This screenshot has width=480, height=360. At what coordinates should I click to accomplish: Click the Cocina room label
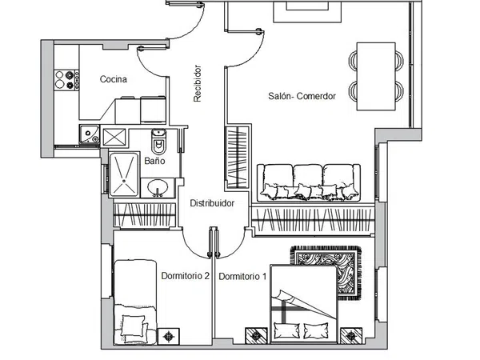tap(114, 79)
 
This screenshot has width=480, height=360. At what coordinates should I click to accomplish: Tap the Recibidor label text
tap(198, 83)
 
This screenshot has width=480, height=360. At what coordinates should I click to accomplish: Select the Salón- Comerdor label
tap(302, 96)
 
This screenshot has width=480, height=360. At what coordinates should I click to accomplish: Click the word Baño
tap(154, 161)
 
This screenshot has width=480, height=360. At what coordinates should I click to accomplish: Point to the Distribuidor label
tap(212, 203)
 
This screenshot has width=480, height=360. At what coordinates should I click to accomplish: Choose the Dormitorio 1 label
tap(242, 277)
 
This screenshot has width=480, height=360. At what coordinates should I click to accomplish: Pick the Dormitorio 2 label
tap(186, 276)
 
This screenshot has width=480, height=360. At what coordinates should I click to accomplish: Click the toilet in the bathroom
tap(159, 142)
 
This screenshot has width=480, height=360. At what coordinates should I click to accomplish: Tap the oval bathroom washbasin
tap(158, 187)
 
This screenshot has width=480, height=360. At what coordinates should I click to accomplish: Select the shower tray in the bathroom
tap(124, 174)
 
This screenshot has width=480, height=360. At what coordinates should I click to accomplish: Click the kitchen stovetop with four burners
tap(66, 79)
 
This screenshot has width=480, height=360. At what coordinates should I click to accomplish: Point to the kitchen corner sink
tap(90, 134)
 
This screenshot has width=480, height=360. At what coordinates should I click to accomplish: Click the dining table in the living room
tap(376, 76)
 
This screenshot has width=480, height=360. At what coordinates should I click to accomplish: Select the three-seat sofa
tap(309, 183)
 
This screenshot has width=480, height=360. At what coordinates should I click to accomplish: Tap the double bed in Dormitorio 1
tap(304, 304)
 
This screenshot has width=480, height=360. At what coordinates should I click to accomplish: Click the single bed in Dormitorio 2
tap(135, 302)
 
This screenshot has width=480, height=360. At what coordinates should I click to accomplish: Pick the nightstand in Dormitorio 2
tap(168, 336)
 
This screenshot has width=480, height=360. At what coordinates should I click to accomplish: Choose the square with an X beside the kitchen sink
tap(114, 137)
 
